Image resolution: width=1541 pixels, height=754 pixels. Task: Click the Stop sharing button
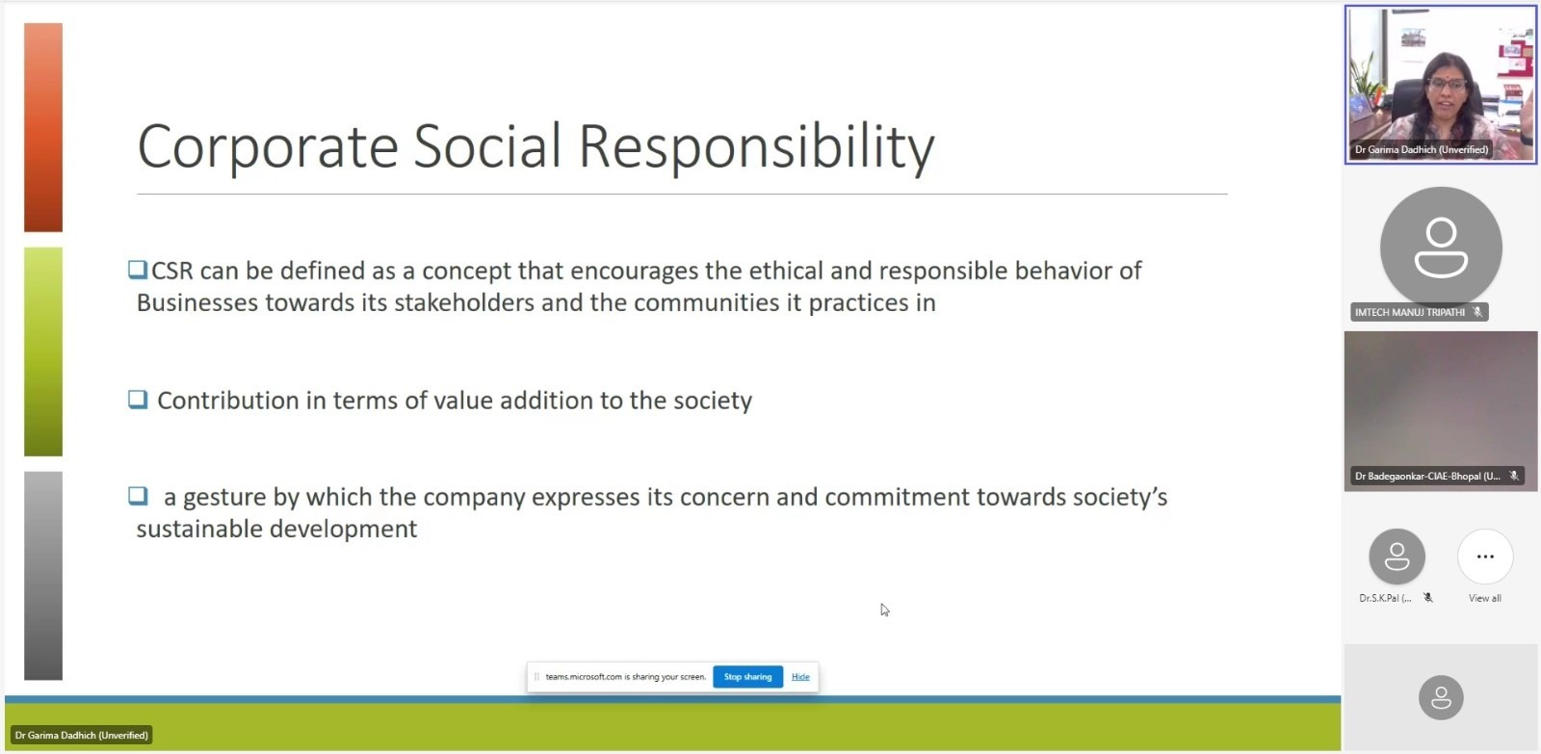[x=747, y=676]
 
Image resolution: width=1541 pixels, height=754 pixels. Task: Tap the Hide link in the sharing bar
[x=800, y=676]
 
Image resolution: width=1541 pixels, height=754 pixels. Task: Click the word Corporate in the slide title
[x=268, y=146]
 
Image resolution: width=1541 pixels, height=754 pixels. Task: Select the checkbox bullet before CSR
[x=138, y=270]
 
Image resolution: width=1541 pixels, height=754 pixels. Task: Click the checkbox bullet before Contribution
[x=138, y=399]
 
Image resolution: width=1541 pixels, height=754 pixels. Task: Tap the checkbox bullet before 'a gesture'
[x=138, y=495]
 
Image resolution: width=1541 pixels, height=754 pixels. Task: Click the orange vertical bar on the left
[x=43, y=127]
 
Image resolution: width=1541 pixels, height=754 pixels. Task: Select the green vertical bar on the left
[x=43, y=351]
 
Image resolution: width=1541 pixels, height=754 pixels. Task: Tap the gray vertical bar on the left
[x=43, y=576]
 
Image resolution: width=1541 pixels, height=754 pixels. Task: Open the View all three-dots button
[x=1485, y=557]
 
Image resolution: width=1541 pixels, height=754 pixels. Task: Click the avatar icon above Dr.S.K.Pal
[x=1397, y=557]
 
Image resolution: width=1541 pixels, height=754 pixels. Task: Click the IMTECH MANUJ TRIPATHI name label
[x=1410, y=312]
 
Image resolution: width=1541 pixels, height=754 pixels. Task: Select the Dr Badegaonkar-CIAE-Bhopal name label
[x=1427, y=476]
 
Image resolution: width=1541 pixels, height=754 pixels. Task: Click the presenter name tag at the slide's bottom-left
[x=81, y=736]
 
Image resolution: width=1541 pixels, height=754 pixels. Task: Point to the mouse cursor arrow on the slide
[x=885, y=611]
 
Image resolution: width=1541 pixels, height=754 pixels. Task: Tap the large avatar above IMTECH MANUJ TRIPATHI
[x=1441, y=247]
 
